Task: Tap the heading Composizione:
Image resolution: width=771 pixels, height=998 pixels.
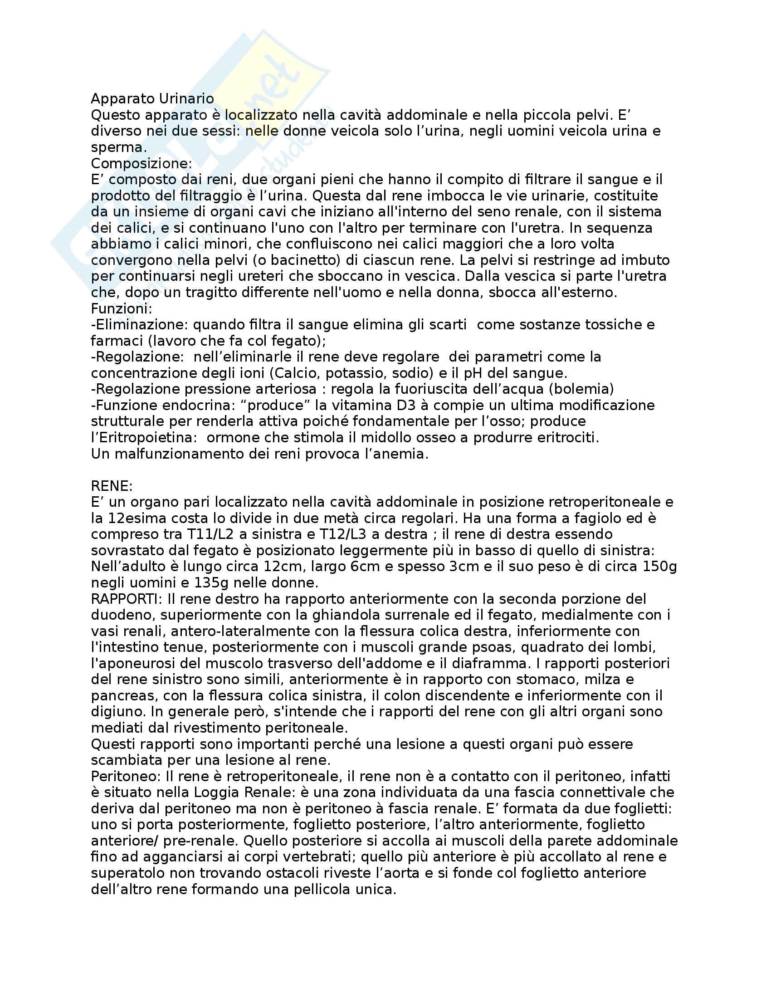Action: [142, 164]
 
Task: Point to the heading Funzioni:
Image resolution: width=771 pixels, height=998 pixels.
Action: [122, 308]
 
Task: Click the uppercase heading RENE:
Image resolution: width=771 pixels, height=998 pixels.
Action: [112, 486]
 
